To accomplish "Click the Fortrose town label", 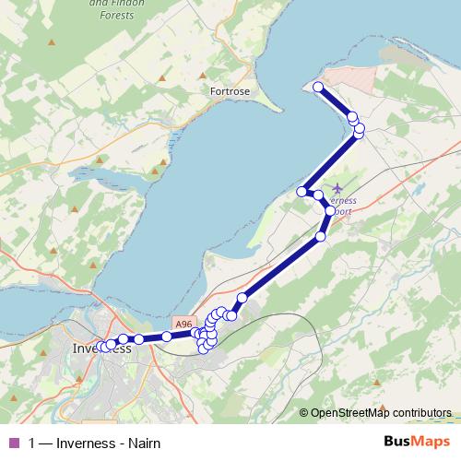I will (230, 92).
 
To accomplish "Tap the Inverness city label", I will (101, 349).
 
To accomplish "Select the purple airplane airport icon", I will (336, 187).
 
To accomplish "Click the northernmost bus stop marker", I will (318, 88).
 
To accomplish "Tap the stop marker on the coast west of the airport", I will (301, 191).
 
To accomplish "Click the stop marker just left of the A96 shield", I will (167, 337).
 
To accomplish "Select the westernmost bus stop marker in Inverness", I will (100, 347).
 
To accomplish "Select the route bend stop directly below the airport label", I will (330, 211).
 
